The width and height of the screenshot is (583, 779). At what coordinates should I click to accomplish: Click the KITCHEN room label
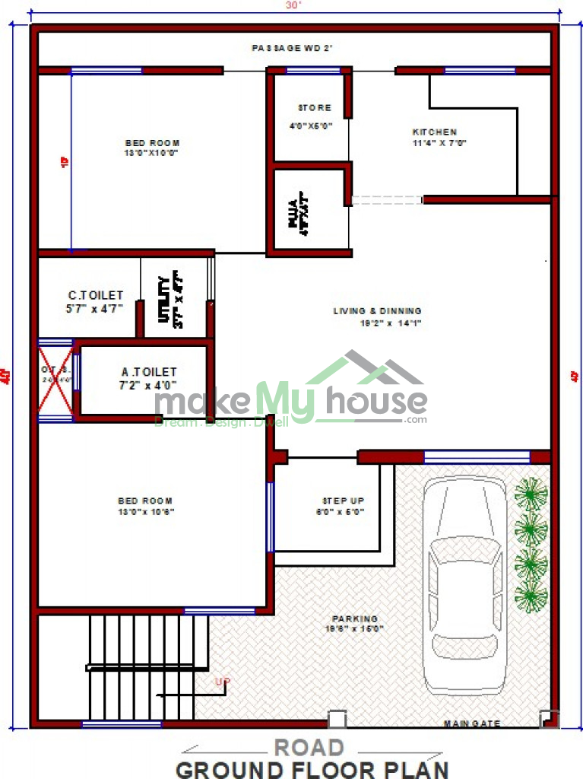[434, 132]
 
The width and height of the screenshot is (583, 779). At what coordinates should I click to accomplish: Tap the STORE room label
[314, 108]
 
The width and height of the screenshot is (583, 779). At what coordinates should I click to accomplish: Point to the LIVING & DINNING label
[377, 311]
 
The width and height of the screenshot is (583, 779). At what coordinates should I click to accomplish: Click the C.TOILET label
[95, 295]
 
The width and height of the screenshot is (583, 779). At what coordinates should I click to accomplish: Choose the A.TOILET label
[149, 372]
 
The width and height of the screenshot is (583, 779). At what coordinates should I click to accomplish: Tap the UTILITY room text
[164, 298]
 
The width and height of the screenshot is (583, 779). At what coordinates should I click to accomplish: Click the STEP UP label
[344, 501]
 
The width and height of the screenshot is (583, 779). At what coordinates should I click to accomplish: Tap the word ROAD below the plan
[309, 747]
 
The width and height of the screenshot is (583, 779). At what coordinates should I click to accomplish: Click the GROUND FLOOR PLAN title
[312, 768]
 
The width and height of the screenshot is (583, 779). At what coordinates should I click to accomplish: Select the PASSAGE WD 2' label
[293, 48]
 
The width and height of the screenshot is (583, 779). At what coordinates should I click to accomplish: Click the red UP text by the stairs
[222, 681]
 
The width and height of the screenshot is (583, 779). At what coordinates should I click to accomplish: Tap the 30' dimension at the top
[294, 5]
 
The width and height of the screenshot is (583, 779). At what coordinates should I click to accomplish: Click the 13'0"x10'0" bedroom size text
[152, 153]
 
